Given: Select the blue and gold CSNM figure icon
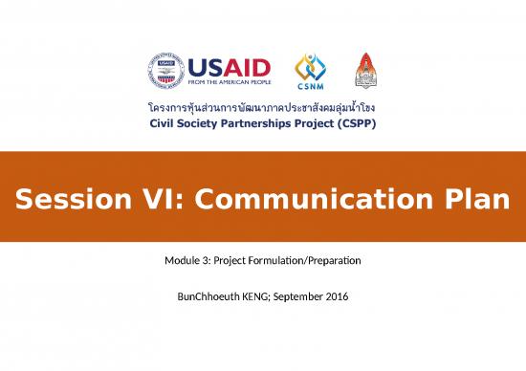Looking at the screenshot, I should click(310, 67).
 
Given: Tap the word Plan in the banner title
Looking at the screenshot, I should click(475, 201).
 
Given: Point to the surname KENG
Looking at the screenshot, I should click(255, 297).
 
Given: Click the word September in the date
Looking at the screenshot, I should click(303, 297).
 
